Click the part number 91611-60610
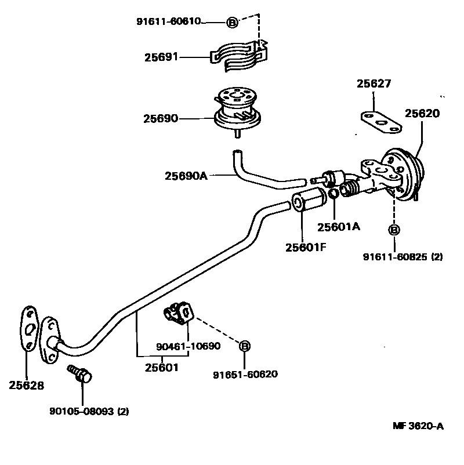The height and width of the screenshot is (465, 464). pos(168,21)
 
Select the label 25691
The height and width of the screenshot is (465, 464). pos(161,57)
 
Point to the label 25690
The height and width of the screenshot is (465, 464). pos(161,118)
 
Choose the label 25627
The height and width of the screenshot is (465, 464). pos(374,84)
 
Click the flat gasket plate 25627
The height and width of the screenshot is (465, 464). pos(380,122)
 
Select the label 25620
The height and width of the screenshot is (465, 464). pos(422,114)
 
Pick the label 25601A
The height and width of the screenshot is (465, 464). pos(339,227)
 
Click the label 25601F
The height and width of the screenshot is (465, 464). pos(306,247)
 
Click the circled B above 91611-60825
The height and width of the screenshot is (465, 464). pos(393,230)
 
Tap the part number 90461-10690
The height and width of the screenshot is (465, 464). pos(188,347)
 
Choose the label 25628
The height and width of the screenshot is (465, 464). pos(26,385)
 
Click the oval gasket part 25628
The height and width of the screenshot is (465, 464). pos(28,328)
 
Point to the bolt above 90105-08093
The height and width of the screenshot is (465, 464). pos(81,374)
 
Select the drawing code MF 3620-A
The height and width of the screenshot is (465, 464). pos(418,426)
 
